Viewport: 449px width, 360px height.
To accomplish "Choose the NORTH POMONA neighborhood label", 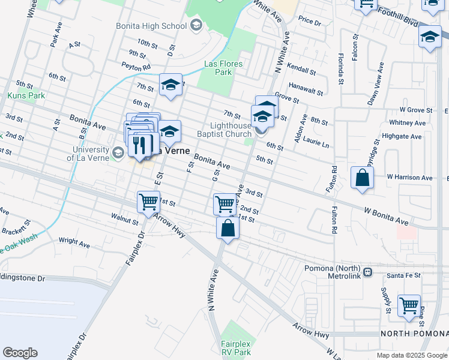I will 414,333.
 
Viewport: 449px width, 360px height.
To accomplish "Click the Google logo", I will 20,353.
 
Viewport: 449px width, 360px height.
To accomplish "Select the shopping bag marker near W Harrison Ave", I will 362,178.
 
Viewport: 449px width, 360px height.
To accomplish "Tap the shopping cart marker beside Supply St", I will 409,305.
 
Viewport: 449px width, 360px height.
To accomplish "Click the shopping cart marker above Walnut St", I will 148,202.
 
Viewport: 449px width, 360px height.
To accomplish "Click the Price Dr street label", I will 310,20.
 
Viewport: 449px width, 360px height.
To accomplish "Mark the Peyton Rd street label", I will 135,67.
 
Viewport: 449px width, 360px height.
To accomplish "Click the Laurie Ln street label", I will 318,145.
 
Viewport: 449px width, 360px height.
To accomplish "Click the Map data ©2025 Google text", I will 412,355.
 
